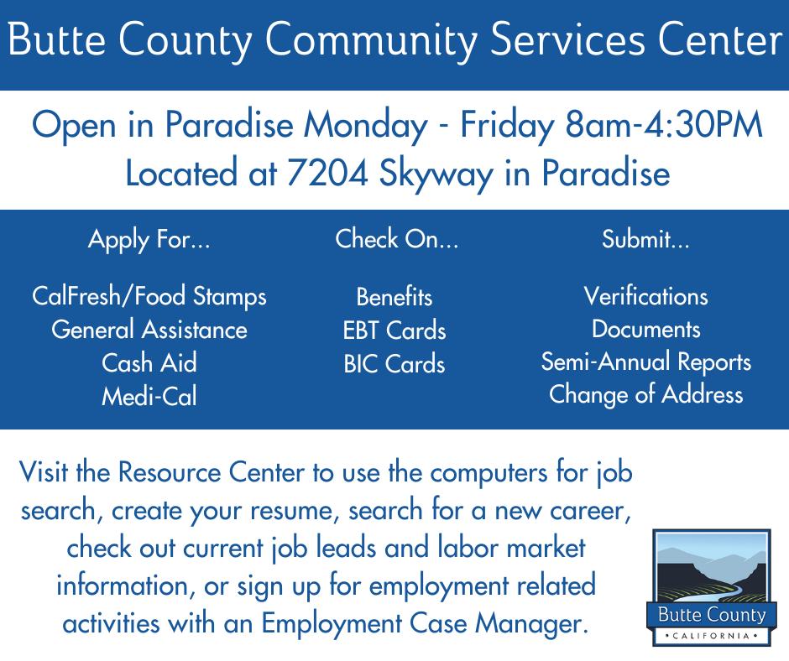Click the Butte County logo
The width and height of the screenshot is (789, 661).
pyautogui.click(x=709, y=587)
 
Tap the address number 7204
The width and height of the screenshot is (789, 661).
pyautogui.click(x=327, y=173)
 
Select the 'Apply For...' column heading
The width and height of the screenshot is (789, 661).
pyautogui.click(x=149, y=239)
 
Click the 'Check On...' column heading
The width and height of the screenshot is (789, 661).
pyautogui.click(x=397, y=238)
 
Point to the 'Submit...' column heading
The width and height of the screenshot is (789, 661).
pyautogui.click(x=645, y=238)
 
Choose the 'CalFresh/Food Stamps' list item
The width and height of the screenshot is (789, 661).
pyautogui.click(x=149, y=296)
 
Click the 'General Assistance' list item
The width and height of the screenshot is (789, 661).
pyautogui.click(x=149, y=330)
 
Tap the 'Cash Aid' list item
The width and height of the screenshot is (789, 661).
pyautogui.click(x=149, y=362)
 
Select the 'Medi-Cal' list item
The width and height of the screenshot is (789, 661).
pyautogui.click(x=149, y=396)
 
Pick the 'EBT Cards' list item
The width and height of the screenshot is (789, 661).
pyautogui.click(x=394, y=330)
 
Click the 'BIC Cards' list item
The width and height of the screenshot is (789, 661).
pyautogui.click(x=394, y=364)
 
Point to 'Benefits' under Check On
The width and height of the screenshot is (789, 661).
pyautogui.click(x=394, y=297)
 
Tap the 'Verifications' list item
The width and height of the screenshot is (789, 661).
pyautogui.click(x=646, y=296)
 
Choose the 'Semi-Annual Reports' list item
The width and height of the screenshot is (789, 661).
pyautogui.click(x=646, y=362)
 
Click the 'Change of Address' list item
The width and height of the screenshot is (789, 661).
pyautogui.click(x=646, y=394)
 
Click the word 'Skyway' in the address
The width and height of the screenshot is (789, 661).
pyautogui.click(x=436, y=174)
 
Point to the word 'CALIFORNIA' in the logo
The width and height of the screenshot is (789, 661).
pyautogui.click(x=710, y=636)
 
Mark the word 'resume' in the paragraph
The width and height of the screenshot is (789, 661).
pyautogui.click(x=291, y=511)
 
